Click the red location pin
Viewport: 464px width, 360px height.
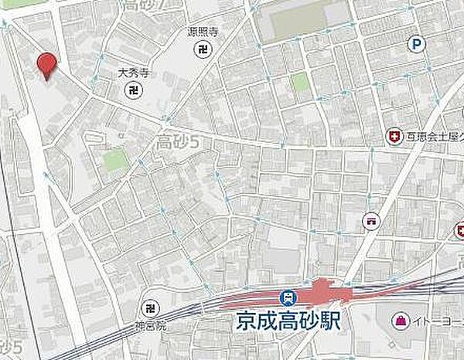(47, 65)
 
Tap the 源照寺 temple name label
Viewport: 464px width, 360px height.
(202, 32)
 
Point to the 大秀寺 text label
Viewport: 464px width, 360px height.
(133, 73)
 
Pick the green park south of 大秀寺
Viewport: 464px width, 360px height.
(115, 160)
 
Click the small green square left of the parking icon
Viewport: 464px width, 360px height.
(299, 82)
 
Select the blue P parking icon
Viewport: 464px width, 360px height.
(418, 45)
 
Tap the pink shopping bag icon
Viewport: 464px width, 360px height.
(401, 318)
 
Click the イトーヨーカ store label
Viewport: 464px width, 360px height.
(438, 319)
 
